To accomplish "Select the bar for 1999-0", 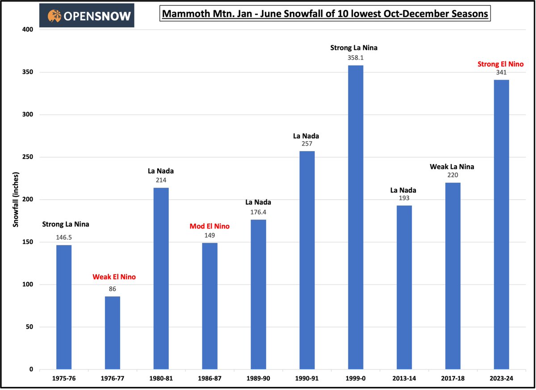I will (356, 217).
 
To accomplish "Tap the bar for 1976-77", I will (113, 333).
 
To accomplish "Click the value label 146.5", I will (64, 237).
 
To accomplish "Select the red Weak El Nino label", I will (114, 277).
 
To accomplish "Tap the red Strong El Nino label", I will (500, 64).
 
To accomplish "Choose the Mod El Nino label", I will (209, 226).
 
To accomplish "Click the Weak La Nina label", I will (452, 167).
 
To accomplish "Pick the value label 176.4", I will (258, 211).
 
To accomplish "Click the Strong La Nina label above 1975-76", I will (65, 224).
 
